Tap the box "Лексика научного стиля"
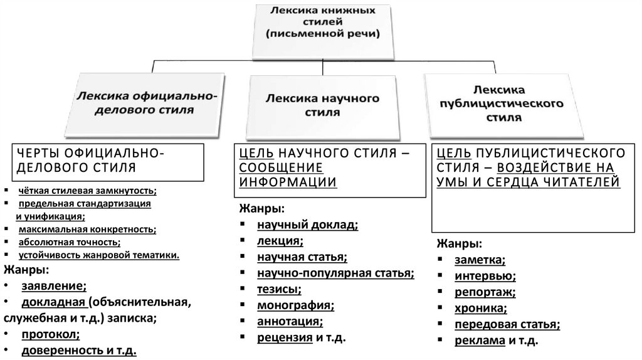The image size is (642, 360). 323,106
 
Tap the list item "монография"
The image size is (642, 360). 294,305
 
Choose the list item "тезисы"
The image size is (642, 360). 278,289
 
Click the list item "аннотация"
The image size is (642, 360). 289,322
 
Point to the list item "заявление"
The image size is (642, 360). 53,286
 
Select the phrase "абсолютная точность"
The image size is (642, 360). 68,241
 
